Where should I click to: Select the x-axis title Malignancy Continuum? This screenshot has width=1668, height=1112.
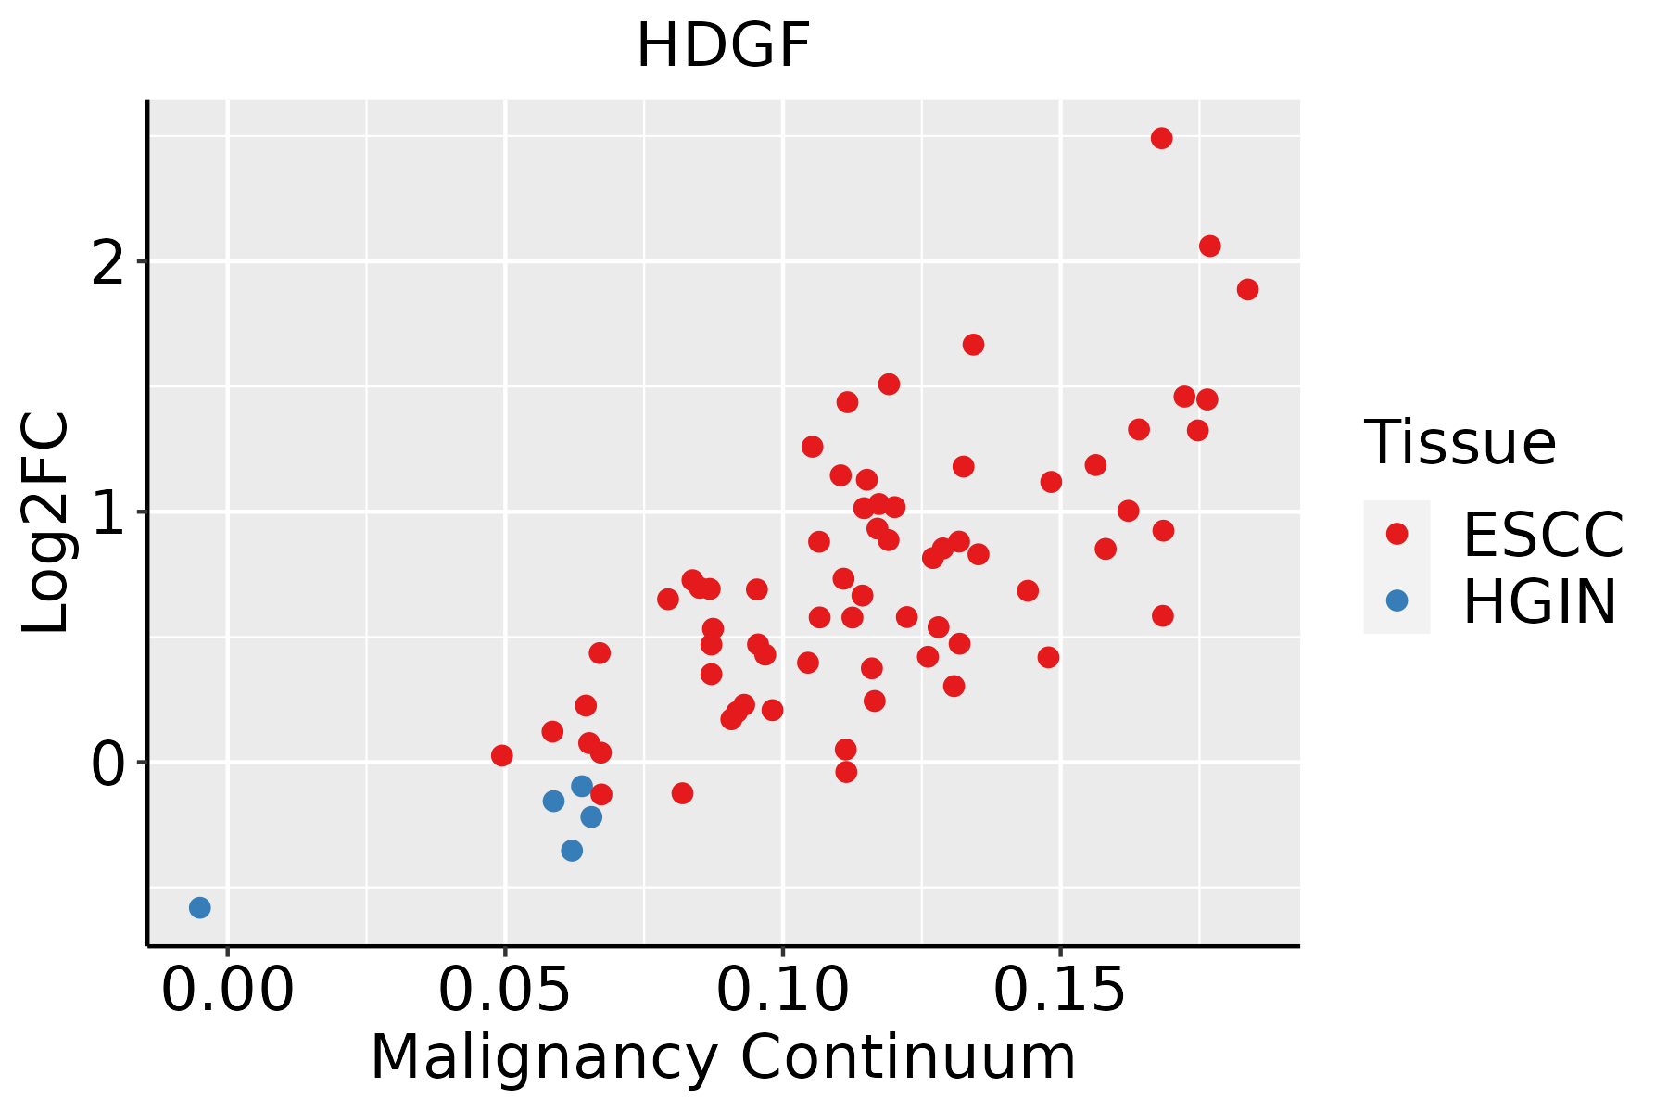[x=723, y=1058]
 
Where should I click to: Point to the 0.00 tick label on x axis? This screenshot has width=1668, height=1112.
[x=227, y=991]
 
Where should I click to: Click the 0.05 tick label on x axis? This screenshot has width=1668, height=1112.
[x=505, y=991]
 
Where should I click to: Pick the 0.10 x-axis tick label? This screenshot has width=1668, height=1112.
[x=783, y=991]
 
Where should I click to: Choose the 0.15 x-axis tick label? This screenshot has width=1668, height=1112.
[x=1060, y=991]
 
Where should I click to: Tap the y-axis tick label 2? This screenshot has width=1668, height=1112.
[x=108, y=262]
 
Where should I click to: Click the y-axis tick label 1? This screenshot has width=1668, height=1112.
[x=108, y=512]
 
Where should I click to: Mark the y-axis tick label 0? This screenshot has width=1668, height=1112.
[x=108, y=764]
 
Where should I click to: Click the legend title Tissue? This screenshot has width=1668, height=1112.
[x=1460, y=443]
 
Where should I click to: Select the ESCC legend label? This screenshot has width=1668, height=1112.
[x=1543, y=535]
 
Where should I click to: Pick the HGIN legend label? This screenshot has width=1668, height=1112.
[x=1540, y=601]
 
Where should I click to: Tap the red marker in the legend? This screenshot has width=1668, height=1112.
[x=1396, y=534]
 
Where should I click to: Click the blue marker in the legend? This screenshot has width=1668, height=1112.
[x=1396, y=600]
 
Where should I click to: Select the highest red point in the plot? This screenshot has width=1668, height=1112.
[x=1161, y=138]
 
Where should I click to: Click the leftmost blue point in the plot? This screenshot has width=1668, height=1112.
[x=199, y=907]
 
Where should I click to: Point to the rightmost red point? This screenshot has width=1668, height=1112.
[x=1247, y=289]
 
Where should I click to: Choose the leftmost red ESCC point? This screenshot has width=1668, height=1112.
[x=501, y=755]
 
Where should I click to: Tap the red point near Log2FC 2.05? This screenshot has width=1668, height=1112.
[x=1209, y=246]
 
